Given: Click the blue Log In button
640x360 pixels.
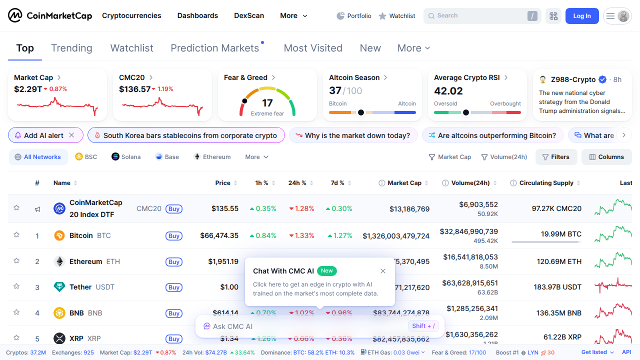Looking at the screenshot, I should pos(581,16).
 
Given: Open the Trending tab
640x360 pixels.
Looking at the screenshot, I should pos(71,48).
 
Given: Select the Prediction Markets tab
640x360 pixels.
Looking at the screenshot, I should pos(214,48).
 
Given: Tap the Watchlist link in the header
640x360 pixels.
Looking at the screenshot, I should pos(397,16).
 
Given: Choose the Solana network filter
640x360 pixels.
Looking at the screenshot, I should pos(126,157).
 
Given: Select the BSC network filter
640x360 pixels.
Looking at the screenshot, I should pos(86,157).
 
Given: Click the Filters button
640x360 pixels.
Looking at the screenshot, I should pos(555,157).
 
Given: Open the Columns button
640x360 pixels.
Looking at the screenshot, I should pos(606,157).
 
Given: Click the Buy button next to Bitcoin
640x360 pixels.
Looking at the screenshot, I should pos(174,236).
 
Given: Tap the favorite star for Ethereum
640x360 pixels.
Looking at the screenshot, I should pos(16,261).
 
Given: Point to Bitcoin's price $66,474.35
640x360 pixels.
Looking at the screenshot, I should pos(219,235).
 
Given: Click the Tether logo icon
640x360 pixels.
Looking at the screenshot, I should pos(59,287).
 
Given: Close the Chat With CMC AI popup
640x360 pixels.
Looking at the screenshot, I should pos(383,271).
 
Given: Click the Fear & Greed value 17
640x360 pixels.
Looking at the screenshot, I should pos(267,103).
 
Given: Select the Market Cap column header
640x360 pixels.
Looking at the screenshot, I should pos(404,183).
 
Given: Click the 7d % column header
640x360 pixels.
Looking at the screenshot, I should pos(337,183).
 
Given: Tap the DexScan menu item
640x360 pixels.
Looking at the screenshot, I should pos(249,15).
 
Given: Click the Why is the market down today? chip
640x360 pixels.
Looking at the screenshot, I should pos(353,135).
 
